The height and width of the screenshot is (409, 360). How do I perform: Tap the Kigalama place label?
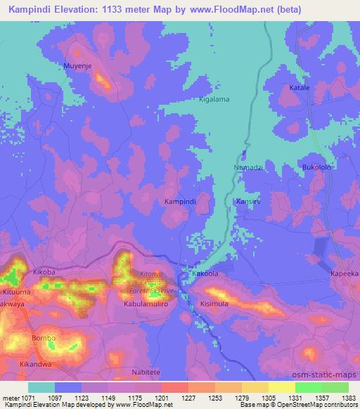pos(215,100)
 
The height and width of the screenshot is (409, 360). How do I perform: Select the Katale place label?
pos(300,88)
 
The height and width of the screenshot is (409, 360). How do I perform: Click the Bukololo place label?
pos(316,168)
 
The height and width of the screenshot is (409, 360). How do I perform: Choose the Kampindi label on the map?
pos(179,201)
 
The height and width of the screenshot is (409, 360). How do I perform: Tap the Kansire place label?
pos(248,201)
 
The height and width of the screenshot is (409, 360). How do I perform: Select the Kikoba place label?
pos(44,271)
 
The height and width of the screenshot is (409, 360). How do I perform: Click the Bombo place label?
pos(43,338)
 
